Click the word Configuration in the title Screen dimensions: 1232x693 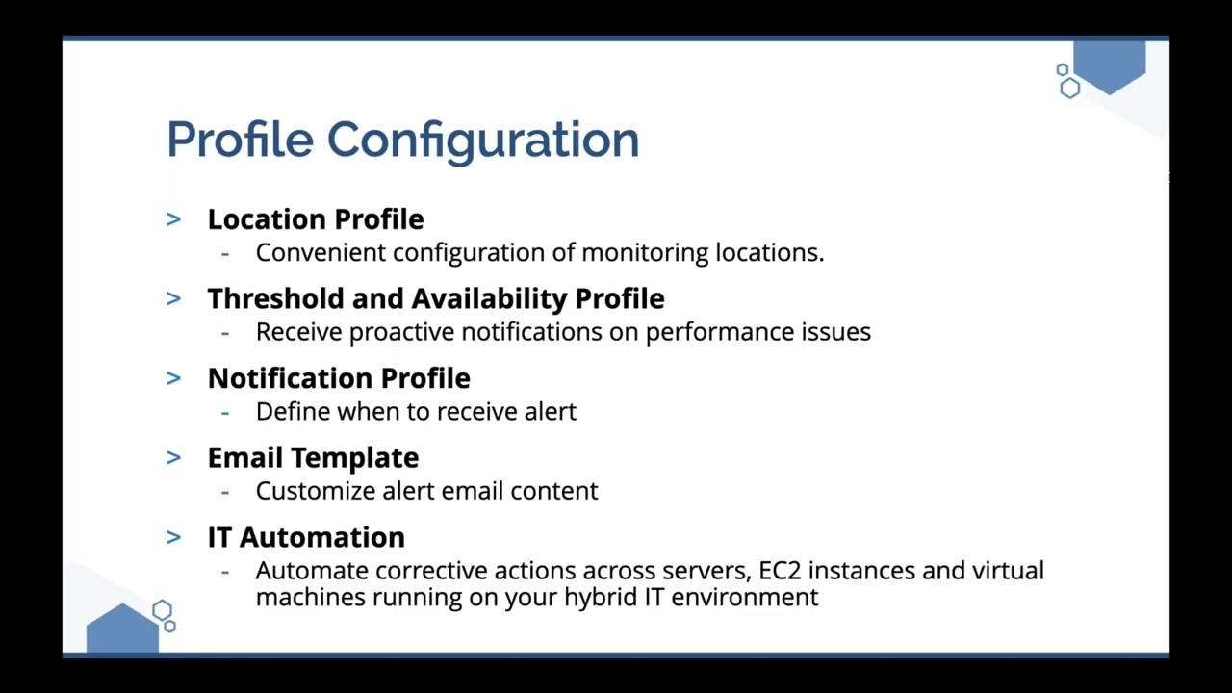[x=483, y=141]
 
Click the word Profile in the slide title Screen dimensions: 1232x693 [x=240, y=139]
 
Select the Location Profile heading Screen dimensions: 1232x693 [x=316, y=218]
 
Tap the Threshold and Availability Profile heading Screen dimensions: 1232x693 [x=436, y=298]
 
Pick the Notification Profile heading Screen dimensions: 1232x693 [x=340, y=378]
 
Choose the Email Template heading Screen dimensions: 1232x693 [x=314, y=457]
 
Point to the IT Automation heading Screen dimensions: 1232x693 [x=306, y=537]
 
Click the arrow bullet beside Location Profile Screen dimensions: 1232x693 [x=174, y=219]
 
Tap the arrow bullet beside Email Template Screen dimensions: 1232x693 [x=174, y=457]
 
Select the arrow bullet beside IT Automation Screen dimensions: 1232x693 [x=174, y=537]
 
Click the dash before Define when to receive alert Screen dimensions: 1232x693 [x=225, y=413]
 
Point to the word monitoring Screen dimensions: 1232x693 [x=645, y=253]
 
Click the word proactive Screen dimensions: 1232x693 [x=402, y=333]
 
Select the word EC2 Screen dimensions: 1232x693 [x=780, y=571]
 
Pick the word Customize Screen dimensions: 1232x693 [x=316, y=491]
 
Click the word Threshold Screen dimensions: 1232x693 [x=276, y=298]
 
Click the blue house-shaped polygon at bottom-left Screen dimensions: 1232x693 [x=122, y=629]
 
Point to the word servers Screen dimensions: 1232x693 [x=706, y=572]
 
